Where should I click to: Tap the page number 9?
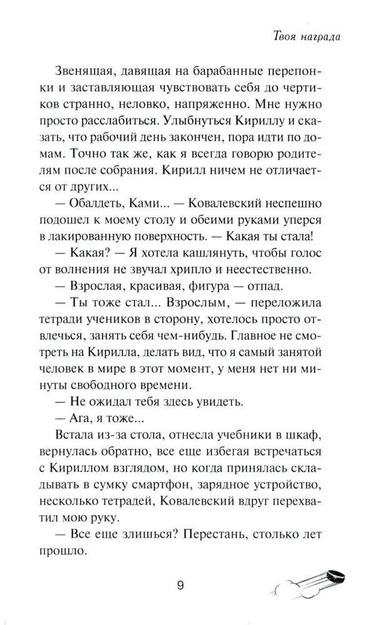click(x=180, y=586)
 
